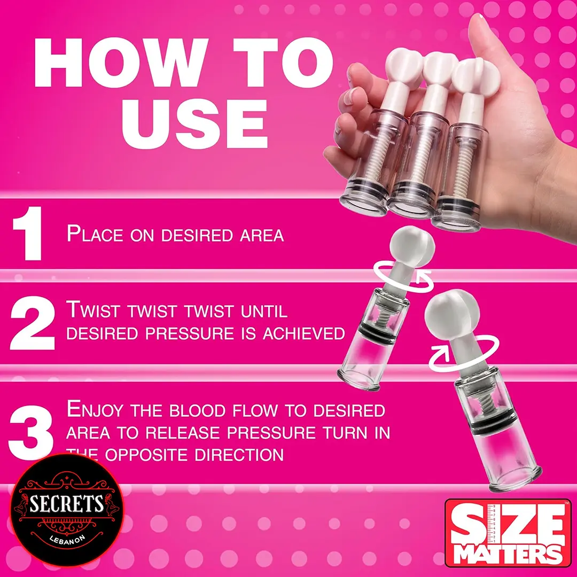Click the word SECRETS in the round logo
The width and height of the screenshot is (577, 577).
point(67,503)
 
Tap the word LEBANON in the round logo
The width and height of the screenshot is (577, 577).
point(67,530)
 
